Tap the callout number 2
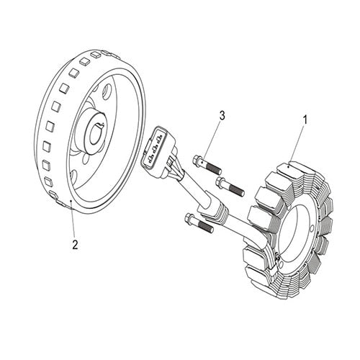[x=74, y=244]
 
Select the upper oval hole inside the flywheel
[x=107, y=93]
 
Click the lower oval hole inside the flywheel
[x=102, y=173]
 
